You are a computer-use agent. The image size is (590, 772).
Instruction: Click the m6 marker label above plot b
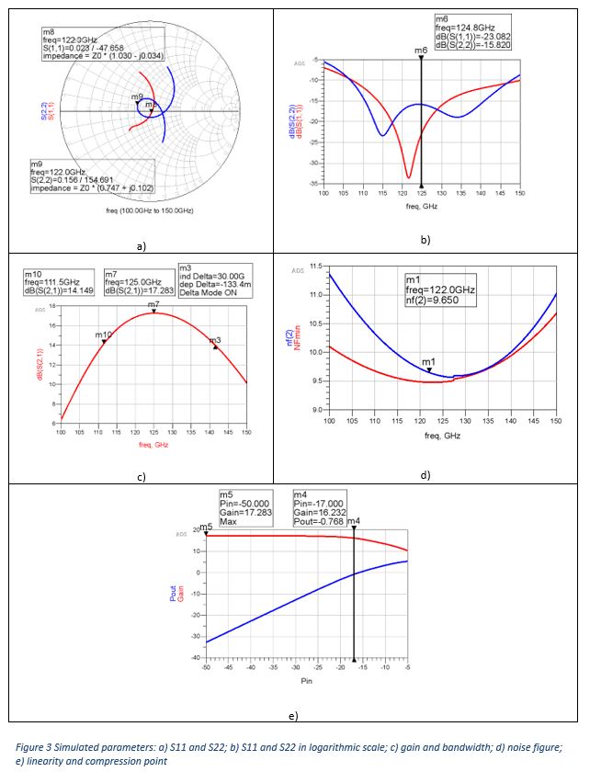[420, 51]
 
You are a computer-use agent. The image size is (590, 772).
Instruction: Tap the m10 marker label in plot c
[104, 335]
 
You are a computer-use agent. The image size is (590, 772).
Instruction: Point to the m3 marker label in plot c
[215, 340]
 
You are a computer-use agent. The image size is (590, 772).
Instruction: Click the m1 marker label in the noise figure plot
[428, 363]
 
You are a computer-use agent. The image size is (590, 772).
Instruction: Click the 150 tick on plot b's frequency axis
[519, 194]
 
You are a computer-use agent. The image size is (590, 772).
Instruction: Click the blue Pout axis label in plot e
[173, 595]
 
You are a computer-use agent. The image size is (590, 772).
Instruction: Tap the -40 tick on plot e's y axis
[195, 659]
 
